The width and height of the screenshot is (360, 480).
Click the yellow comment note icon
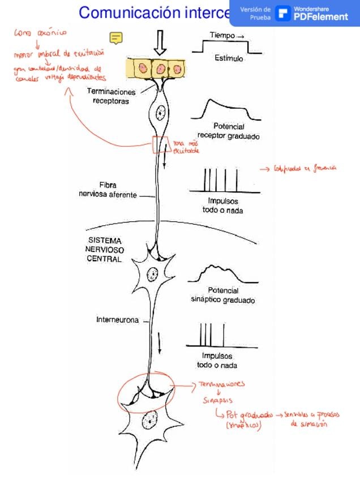pos(116,38)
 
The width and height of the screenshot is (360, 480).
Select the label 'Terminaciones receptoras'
pos(110,96)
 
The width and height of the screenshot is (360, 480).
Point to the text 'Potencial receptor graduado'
pos(229,131)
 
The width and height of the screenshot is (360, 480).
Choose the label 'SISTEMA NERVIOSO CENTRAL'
pos(105,250)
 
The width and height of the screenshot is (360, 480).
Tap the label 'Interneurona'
pos(117,320)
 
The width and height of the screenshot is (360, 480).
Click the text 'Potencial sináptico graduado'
pos(223,295)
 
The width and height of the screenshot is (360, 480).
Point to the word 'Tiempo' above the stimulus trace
pos(222,35)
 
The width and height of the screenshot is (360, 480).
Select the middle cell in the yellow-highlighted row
pos(161,68)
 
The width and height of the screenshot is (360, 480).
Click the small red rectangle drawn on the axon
pos(160,145)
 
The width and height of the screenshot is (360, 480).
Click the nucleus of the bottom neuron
pos(151,421)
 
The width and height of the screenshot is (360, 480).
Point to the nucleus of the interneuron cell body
pos(152,275)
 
